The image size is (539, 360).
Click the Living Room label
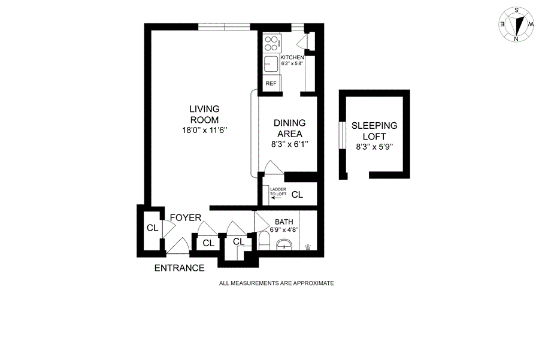205,114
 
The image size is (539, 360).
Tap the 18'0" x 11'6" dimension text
205,131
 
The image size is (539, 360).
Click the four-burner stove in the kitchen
272,43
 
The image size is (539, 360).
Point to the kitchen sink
271,64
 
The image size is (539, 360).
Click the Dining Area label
289,128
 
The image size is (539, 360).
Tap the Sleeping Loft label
374,131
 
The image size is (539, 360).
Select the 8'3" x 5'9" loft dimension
374,147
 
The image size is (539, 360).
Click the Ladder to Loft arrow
275,198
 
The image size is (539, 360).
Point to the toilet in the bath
264,241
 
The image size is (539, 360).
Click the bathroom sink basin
284,244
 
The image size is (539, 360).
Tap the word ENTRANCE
180,268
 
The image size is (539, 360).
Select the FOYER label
186,217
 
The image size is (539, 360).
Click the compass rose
516,25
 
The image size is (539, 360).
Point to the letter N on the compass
516,39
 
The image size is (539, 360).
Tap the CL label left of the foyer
152,228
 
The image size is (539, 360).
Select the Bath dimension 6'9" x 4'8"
284,229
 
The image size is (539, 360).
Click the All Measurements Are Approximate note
276,283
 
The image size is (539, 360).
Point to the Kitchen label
292,57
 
